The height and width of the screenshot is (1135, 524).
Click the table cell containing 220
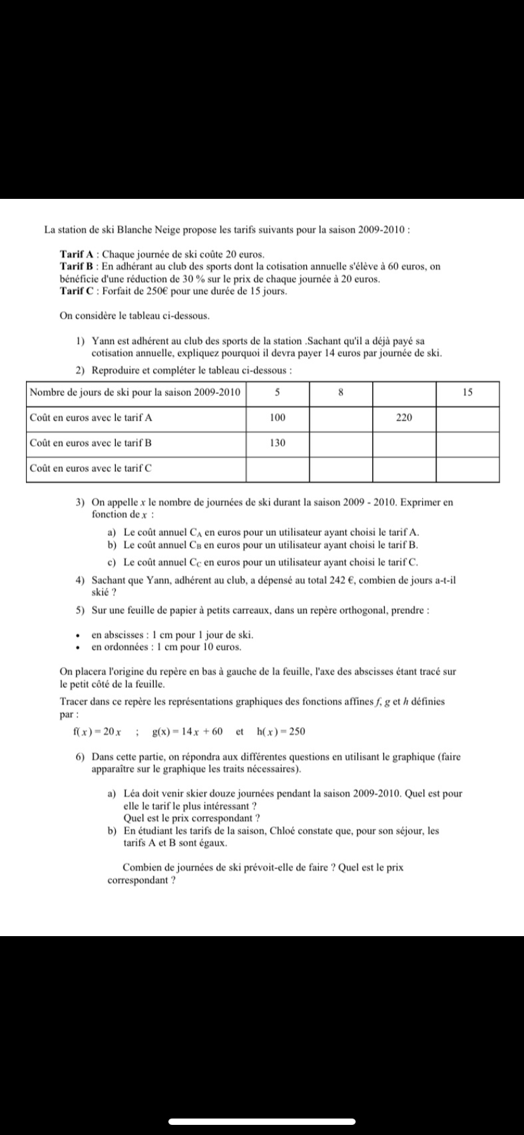(x=404, y=418)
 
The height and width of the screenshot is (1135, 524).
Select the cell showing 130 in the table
(x=277, y=443)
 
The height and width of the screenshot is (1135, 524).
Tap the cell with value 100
(x=277, y=418)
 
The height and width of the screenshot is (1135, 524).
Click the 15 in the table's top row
(x=468, y=393)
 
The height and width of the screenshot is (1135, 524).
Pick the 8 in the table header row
(x=340, y=393)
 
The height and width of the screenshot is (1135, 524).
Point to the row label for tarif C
(x=90, y=469)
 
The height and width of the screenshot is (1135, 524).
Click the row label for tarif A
(x=90, y=418)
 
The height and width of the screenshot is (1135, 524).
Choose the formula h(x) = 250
(x=281, y=732)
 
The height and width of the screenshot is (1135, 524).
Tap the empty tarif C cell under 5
(x=277, y=469)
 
